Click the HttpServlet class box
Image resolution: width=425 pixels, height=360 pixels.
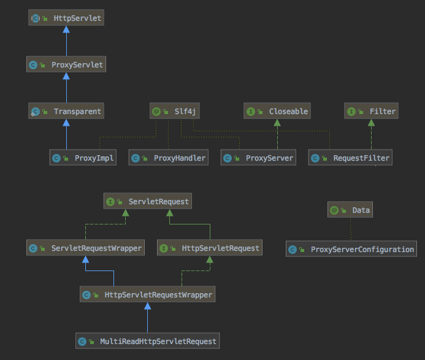[x=66, y=18]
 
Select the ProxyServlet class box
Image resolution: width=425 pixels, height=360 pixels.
[x=66, y=64]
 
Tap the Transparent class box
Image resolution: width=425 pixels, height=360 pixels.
[x=66, y=111]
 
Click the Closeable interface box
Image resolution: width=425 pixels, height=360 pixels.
[x=277, y=111]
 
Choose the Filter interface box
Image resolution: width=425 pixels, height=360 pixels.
[x=371, y=111]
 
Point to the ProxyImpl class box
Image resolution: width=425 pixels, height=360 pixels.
[x=82, y=158]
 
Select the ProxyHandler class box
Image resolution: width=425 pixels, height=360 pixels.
[x=168, y=158]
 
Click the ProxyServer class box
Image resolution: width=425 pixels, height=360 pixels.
[x=258, y=158]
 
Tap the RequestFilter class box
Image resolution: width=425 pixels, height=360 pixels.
[x=349, y=158]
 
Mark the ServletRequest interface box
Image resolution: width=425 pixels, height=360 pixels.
[x=147, y=201]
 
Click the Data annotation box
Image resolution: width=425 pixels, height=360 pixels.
[x=350, y=210]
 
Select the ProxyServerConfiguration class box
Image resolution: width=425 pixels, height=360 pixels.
[x=351, y=249]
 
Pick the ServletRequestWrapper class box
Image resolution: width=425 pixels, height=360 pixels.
[x=85, y=248]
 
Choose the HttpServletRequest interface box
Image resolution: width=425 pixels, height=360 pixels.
[x=210, y=248]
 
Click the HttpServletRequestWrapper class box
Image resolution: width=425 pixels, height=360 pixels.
[x=148, y=294]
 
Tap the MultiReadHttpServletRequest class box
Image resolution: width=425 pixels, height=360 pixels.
[x=147, y=340]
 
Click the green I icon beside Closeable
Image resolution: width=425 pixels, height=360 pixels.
[x=251, y=112]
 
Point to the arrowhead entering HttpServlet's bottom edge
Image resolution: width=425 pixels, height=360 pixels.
[x=66, y=30]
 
